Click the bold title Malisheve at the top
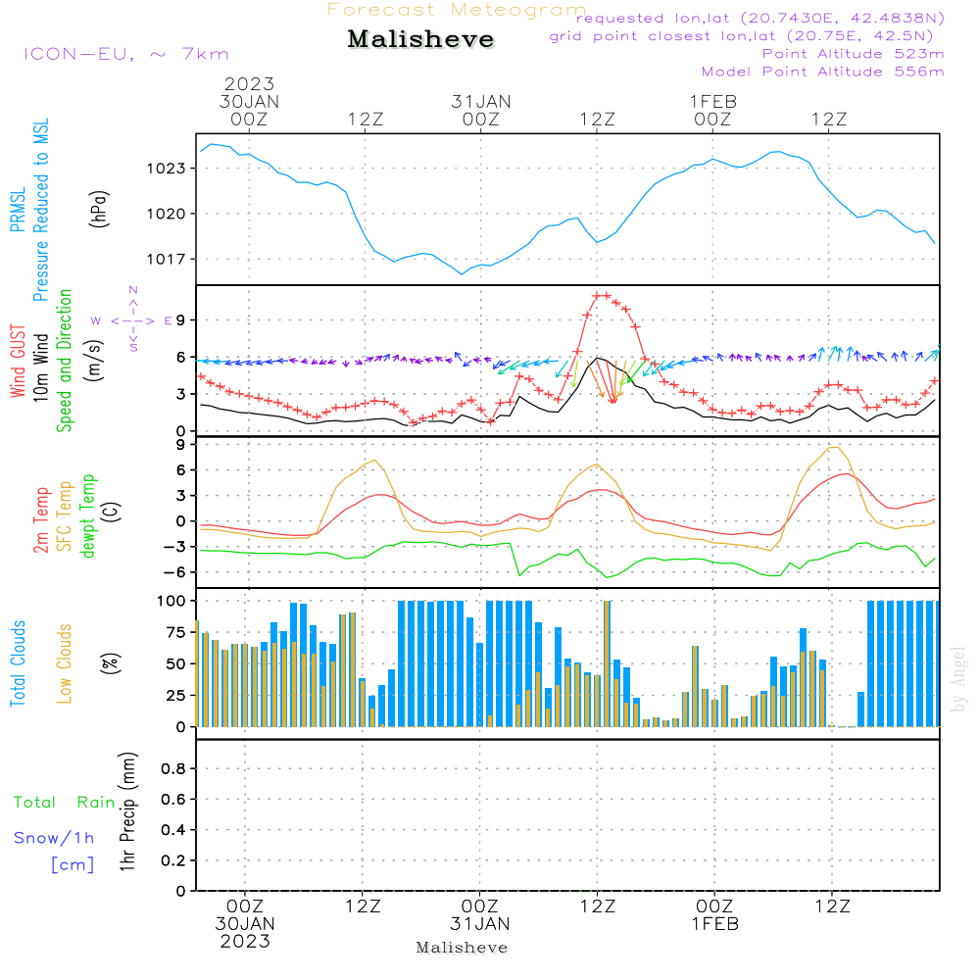coord(420,40)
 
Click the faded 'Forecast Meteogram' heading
coord(457,10)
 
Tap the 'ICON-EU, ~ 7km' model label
coord(125,54)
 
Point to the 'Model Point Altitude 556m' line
coord(822,72)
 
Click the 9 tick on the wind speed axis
coord(181,320)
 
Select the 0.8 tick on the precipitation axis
coord(173,769)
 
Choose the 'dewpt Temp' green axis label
coord(89,516)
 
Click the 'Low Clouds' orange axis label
coord(65,663)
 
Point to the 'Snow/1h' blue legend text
coord(54,838)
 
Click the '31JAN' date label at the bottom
coord(480,923)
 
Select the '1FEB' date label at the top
coord(712,101)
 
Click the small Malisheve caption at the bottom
coord(462,948)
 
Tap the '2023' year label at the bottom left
coord(246,941)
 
